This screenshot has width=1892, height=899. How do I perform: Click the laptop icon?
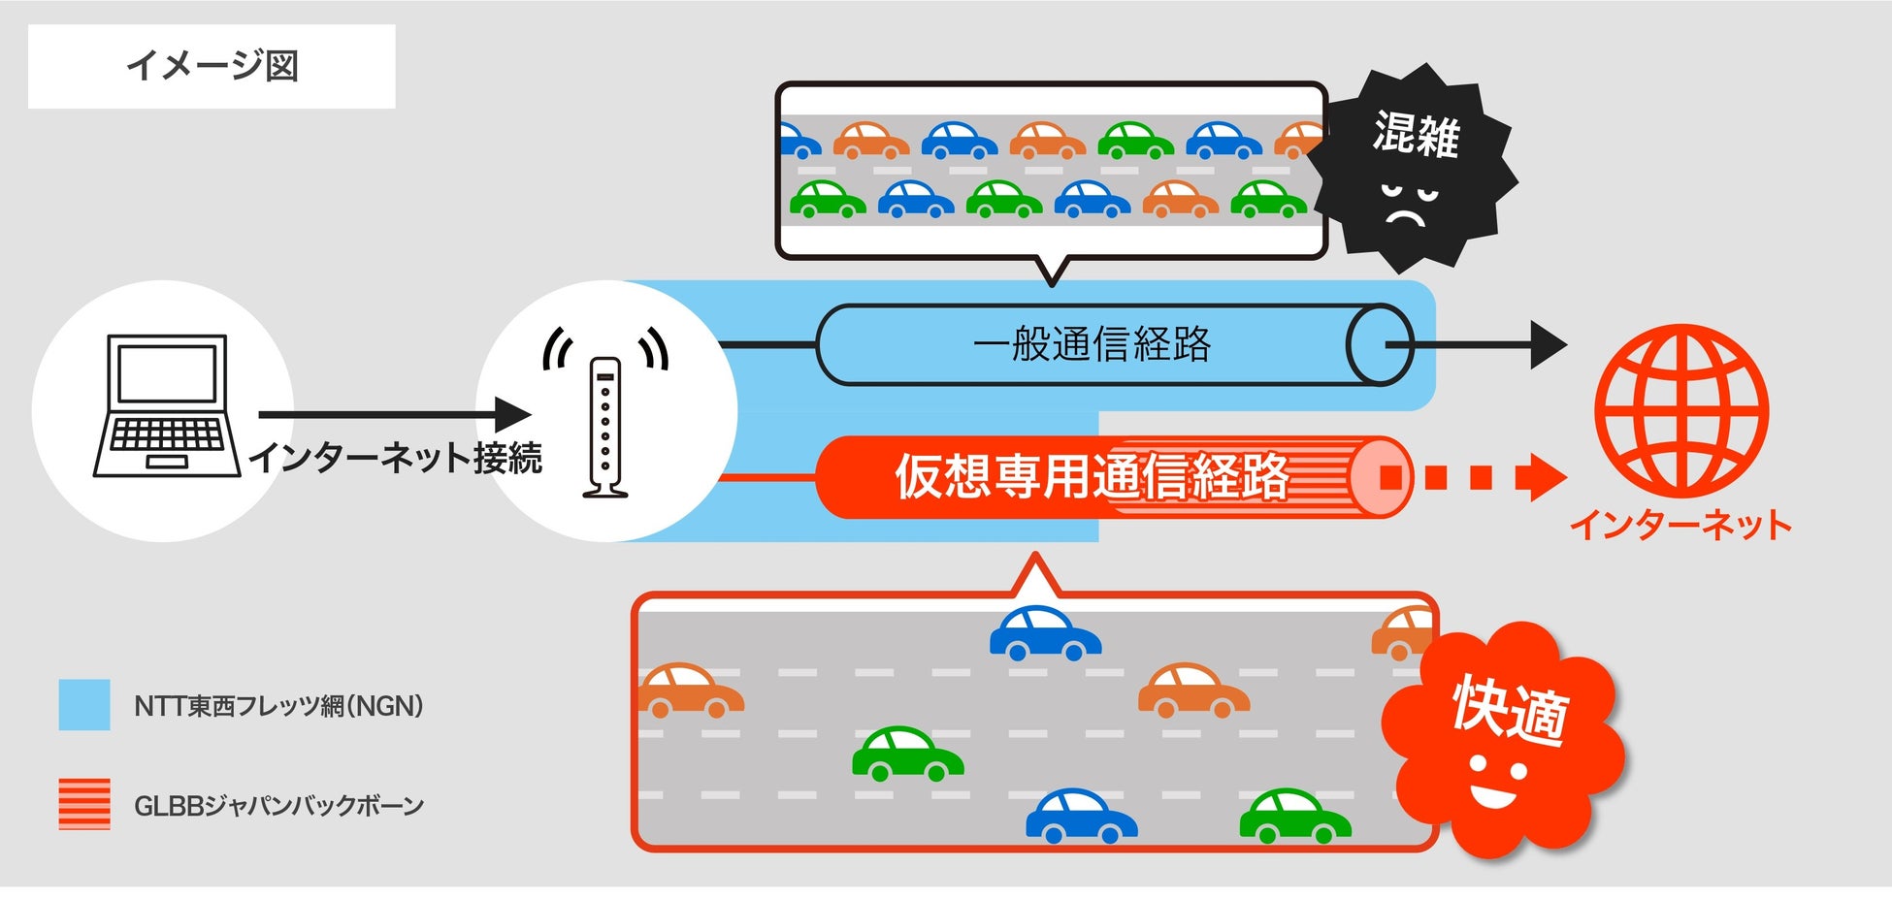tap(167, 406)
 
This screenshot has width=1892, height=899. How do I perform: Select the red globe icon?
tap(1681, 411)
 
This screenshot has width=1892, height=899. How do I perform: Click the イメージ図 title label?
tap(212, 66)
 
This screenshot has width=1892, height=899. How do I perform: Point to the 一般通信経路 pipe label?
tap(1092, 344)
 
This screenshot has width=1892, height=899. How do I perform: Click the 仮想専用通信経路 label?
tap(1092, 476)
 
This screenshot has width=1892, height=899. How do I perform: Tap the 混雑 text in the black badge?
tap(1417, 134)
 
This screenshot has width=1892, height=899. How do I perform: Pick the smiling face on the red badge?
tap(1495, 782)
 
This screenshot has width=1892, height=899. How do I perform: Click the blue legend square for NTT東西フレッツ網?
tap(84, 705)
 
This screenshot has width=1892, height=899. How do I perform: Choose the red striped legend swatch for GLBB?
tap(84, 804)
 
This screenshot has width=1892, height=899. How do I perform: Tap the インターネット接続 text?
tap(396, 458)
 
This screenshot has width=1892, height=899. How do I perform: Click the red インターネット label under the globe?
tap(1680, 525)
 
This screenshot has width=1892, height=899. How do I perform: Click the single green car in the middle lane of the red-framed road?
tap(907, 755)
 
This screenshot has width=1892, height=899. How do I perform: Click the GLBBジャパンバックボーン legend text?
tap(278, 806)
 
